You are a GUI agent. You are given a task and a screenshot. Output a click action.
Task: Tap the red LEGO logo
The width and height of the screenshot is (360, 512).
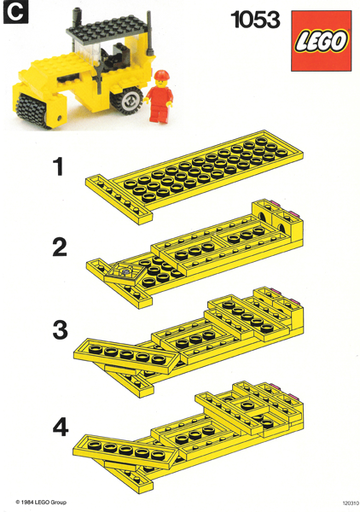(x=322, y=41)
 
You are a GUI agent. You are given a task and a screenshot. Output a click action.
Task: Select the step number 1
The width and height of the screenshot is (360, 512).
(x=58, y=167)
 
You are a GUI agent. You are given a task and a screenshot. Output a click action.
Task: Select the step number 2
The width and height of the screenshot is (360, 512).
(x=59, y=247)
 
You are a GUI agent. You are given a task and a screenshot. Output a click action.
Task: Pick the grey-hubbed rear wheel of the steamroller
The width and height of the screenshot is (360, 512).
(x=131, y=101)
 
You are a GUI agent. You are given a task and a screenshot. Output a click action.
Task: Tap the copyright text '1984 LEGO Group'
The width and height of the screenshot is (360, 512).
(x=43, y=503)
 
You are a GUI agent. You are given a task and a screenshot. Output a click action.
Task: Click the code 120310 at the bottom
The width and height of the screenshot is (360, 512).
(x=345, y=503)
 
